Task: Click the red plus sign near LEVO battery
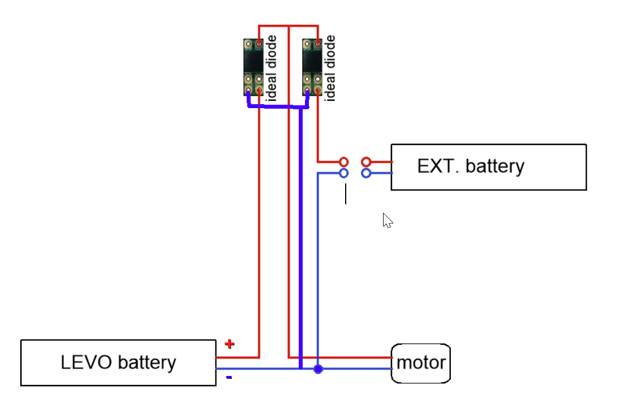(x=229, y=344)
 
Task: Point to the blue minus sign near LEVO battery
(x=229, y=377)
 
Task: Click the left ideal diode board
(x=253, y=67)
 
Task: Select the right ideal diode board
(x=312, y=67)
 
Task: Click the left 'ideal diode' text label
(x=271, y=68)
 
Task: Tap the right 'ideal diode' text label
(x=329, y=68)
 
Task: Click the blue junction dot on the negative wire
(x=318, y=369)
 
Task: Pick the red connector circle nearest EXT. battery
(x=366, y=162)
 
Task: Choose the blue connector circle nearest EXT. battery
(x=366, y=173)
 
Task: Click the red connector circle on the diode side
(x=343, y=162)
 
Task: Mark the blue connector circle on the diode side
(x=343, y=173)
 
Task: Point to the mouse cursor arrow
(x=387, y=220)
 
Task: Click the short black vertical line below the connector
(x=346, y=194)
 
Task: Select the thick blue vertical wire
(x=301, y=238)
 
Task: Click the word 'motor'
(x=421, y=363)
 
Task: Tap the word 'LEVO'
(x=86, y=362)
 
